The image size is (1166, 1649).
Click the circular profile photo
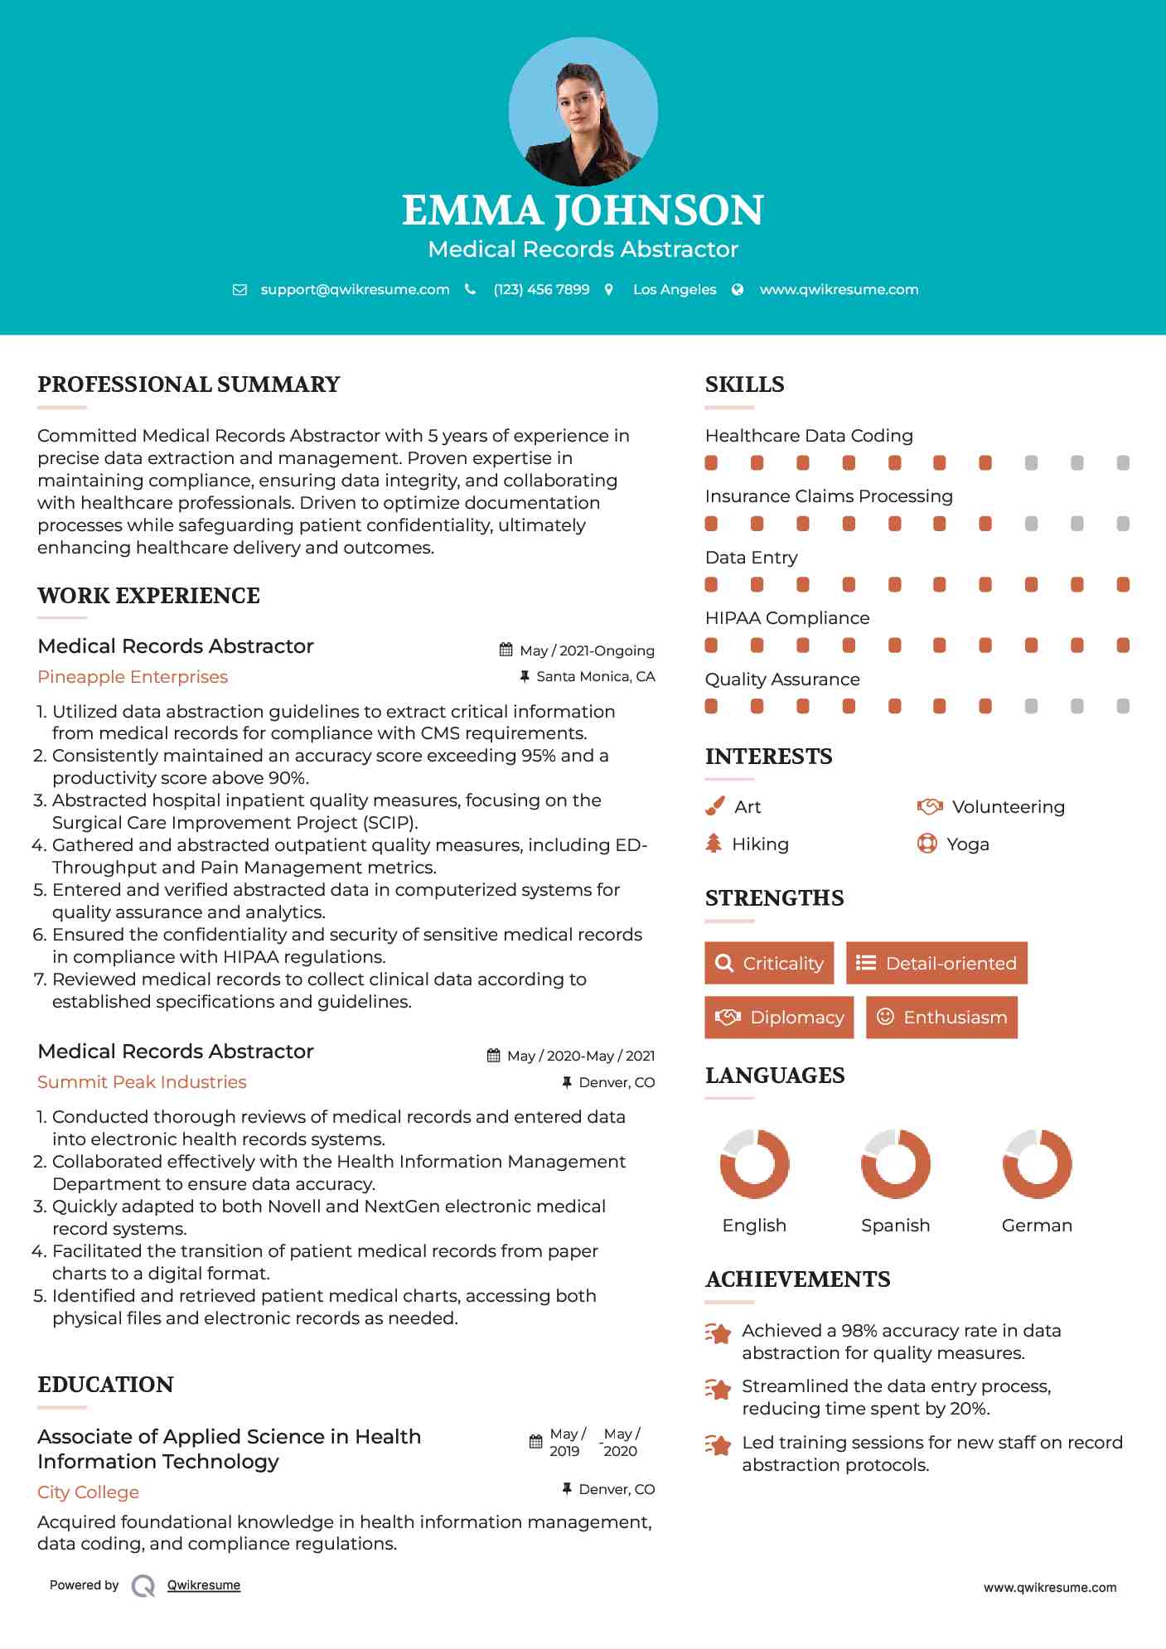(583, 112)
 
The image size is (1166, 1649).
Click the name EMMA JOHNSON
(583, 210)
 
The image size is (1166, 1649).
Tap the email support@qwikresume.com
(355, 290)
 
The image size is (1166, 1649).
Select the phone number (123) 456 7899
(541, 290)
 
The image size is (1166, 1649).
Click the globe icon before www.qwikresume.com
(738, 290)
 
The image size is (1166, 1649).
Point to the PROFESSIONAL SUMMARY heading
(189, 384)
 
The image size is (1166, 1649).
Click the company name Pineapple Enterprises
(133, 677)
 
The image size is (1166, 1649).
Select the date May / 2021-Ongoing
(587, 651)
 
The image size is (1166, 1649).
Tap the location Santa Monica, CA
(595, 677)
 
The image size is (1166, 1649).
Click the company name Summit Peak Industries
(142, 1082)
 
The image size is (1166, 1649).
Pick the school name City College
(88, 1492)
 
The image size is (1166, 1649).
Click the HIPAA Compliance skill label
(787, 618)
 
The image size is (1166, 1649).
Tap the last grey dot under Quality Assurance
(1123, 706)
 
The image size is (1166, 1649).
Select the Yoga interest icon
(927, 844)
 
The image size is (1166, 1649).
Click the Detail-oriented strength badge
(936, 963)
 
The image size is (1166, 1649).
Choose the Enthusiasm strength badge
(941, 1017)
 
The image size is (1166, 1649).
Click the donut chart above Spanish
(895, 1163)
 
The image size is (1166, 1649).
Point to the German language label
(1037, 1226)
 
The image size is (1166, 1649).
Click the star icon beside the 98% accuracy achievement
(718, 1333)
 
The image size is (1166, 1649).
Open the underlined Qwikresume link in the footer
(204, 1585)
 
